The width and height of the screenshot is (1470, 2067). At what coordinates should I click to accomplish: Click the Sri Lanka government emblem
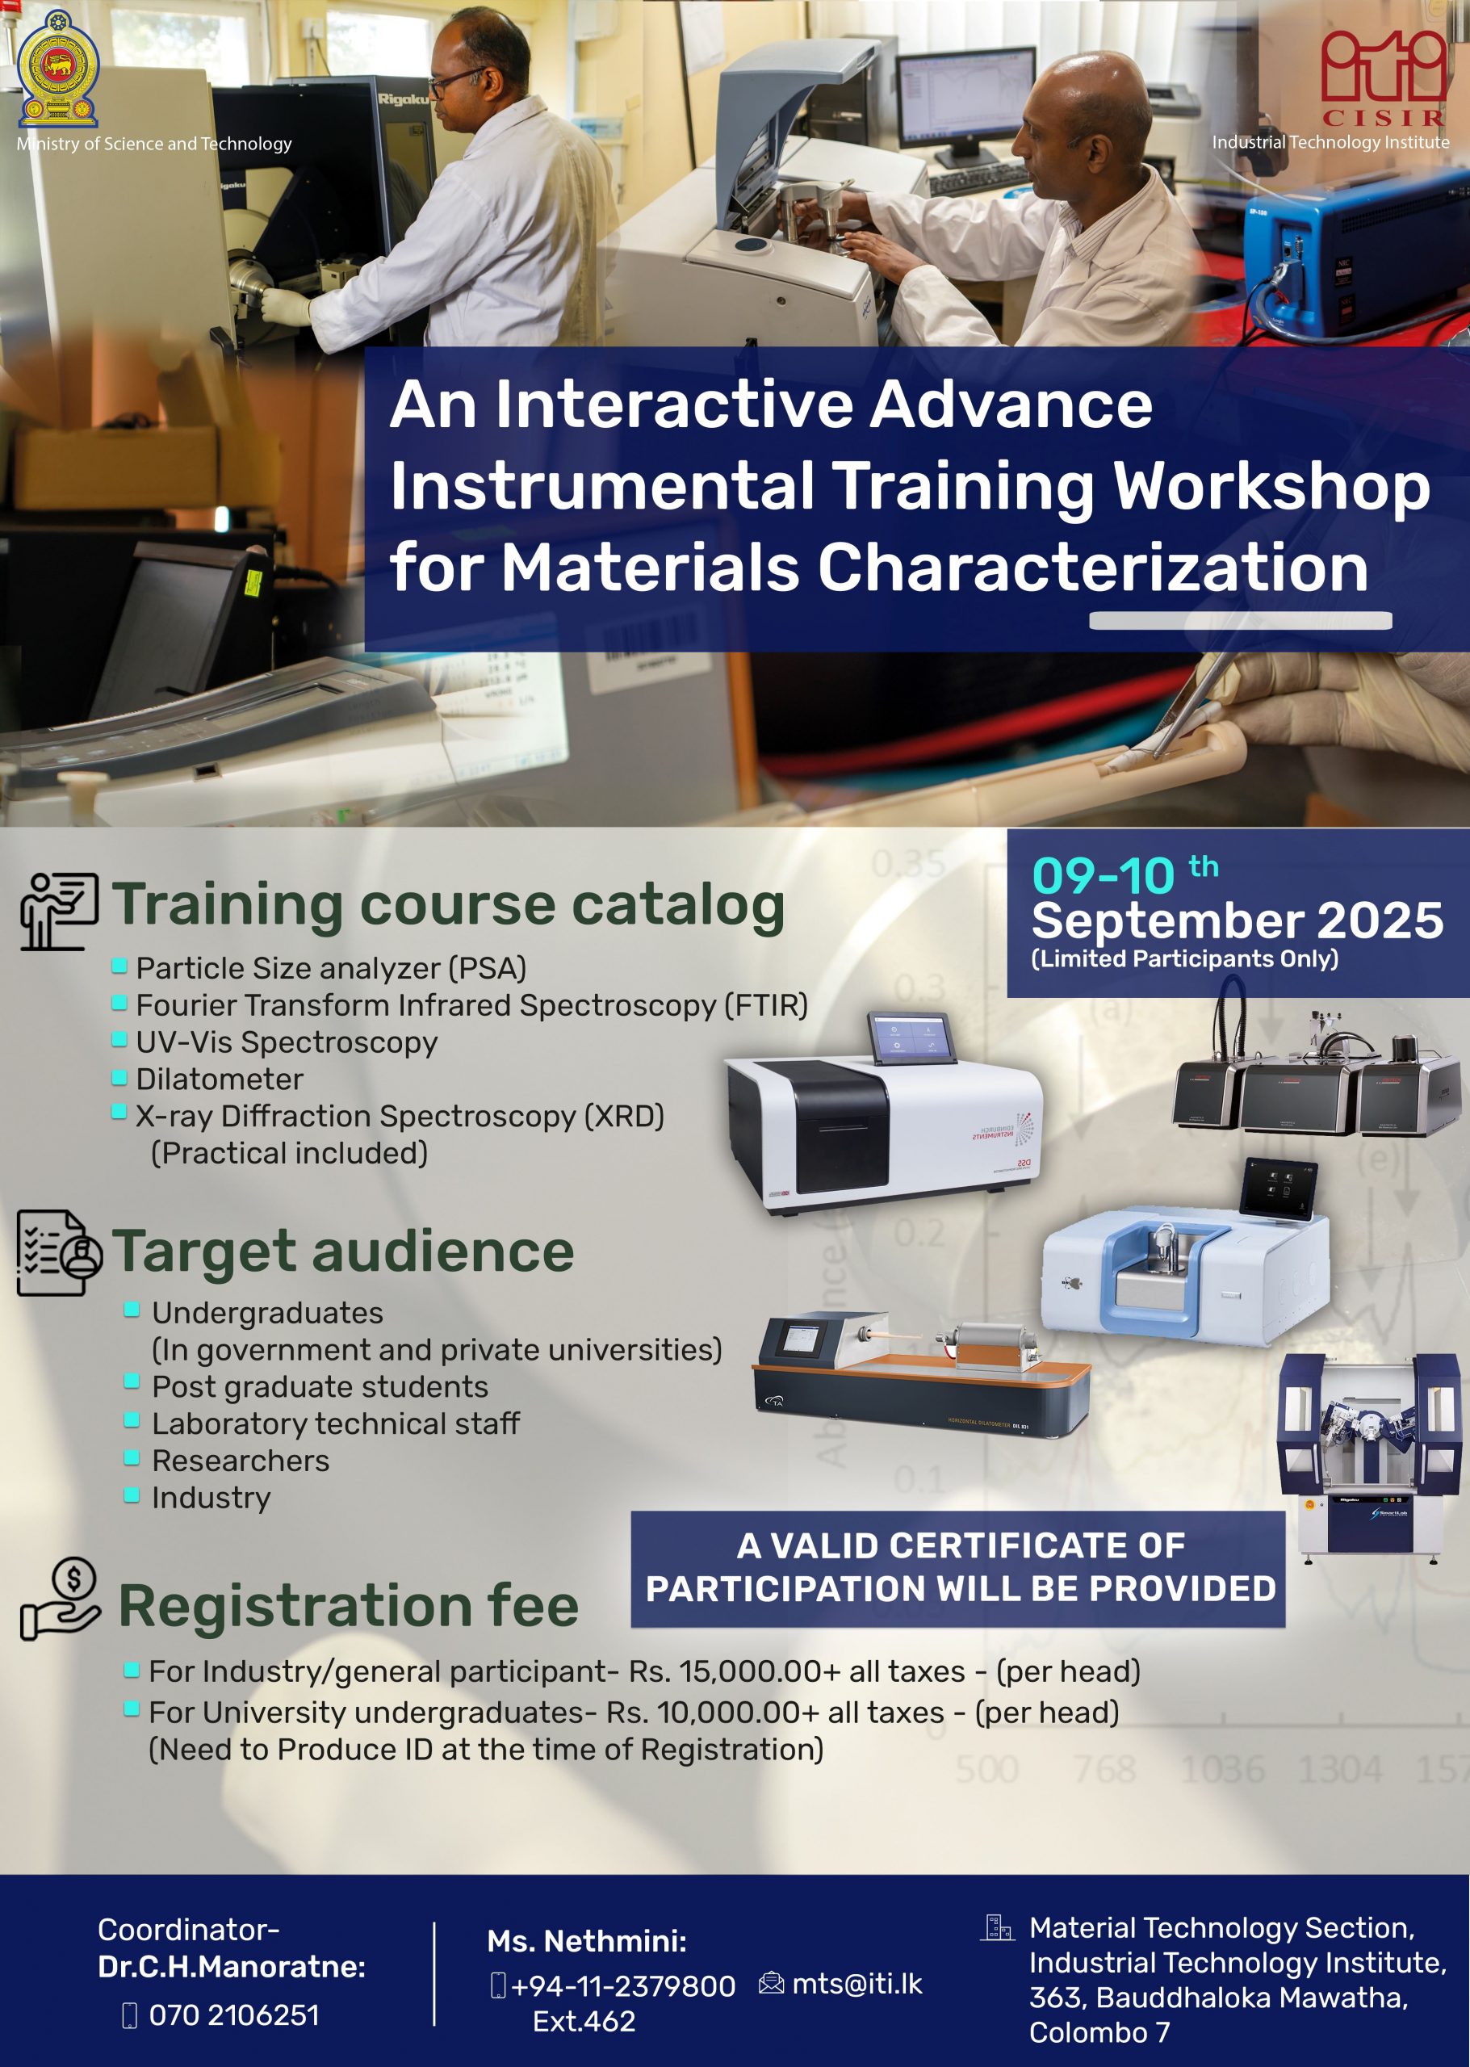click(x=58, y=69)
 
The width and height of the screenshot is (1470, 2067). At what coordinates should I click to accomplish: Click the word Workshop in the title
click(x=1271, y=487)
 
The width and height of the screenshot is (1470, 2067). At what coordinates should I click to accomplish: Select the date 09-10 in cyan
click(x=1103, y=876)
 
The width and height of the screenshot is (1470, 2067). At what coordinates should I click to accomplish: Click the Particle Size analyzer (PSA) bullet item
click(x=330, y=968)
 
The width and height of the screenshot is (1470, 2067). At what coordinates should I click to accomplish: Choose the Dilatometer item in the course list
click(x=219, y=1079)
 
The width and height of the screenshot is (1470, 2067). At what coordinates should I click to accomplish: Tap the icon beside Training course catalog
click(x=59, y=911)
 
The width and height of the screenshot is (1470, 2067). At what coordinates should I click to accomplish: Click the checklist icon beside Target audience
click(x=59, y=1253)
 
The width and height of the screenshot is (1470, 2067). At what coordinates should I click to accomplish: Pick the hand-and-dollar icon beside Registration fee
click(x=60, y=1599)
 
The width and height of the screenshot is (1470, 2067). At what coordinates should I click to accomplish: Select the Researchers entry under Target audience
click(x=240, y=1461)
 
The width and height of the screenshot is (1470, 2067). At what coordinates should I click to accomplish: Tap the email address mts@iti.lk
click(x=857, y=1984)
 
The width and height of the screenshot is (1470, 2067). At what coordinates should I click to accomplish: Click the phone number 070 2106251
click(x=233, y=2015)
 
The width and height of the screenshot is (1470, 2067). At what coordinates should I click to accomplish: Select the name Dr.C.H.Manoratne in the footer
click(x=231, y=1967)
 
